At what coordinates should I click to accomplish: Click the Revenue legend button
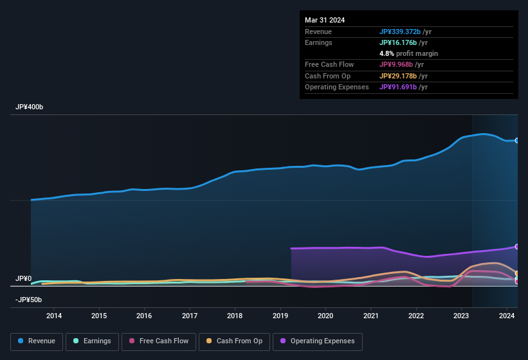[36, 341]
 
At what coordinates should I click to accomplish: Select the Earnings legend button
[91, 341]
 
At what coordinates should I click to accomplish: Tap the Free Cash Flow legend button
[159, 341]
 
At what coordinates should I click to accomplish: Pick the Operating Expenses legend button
[318, 341]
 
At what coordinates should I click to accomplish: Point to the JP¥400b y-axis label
[30, 107]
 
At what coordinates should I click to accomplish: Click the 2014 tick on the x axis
[54, 316]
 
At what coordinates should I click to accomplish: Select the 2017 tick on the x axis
[190, 316]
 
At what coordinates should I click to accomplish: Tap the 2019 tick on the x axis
[280, 316]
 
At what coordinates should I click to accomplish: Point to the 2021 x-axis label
[371, 316]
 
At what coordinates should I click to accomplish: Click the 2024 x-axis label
[507, 316]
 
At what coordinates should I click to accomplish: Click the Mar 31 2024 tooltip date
[325, 20]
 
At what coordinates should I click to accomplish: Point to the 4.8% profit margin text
[408, 53]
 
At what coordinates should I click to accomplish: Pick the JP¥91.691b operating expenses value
[399, 87]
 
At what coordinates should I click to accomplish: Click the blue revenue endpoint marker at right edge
[517, 140]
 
